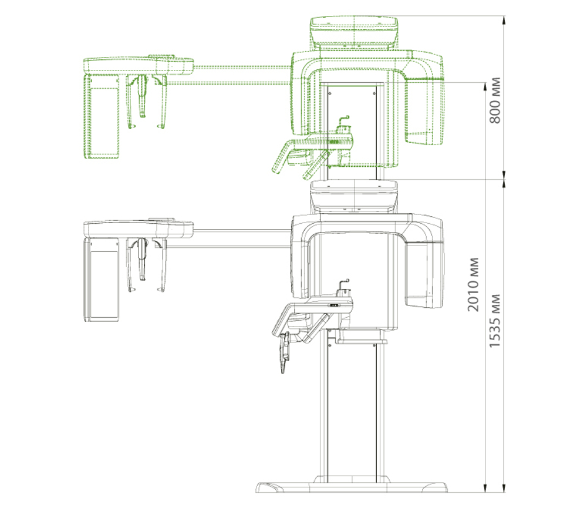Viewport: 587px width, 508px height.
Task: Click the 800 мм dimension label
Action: click(x=495, y=100)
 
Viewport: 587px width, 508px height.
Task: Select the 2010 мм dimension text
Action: click(x=473, y=284)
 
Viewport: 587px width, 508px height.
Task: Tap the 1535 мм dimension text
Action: click(x=495, y=320)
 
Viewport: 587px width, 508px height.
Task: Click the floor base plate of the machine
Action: click(x=352, y=487)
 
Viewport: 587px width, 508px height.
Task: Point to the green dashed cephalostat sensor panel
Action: click(x=102, y=116)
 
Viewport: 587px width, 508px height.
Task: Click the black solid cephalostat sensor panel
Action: click(x=102, y=280)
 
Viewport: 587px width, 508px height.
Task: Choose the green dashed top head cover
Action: click(x=354, y=32)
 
